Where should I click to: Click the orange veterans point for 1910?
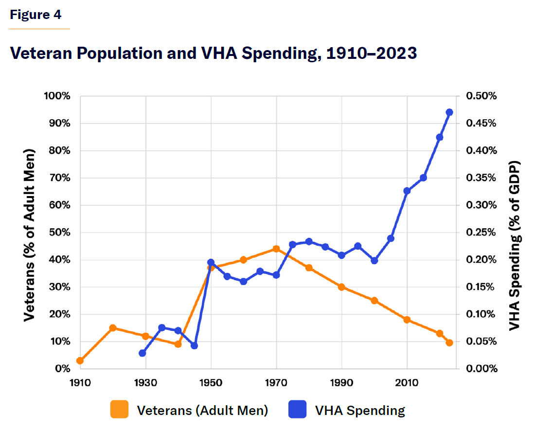click(80, 360)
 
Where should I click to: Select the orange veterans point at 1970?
click(276, 249)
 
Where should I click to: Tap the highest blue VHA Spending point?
click(449, 112)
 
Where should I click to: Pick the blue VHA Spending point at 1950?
click(211, 262)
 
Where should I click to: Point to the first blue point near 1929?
click(142, 353)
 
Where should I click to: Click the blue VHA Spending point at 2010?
click(407, 191)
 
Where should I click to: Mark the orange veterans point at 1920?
click(113, 328)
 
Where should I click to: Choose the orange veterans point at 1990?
click(342, 287)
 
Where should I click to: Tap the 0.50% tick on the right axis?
click(481, 96)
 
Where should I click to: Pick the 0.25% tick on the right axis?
click(481, 232)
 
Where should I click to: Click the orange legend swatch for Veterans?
click(120, 410)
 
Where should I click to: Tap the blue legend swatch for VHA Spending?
click(298, 410)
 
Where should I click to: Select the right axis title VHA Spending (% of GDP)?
click(515, 245)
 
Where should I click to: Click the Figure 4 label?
click(36, 15)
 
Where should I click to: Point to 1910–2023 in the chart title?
click(369, 54)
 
